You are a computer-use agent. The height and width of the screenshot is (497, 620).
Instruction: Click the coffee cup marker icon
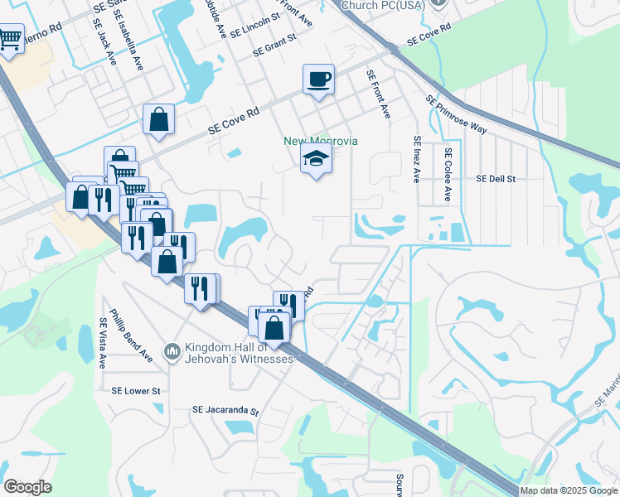[x=318, y=80]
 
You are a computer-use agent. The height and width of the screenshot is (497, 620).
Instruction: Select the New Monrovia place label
[x=321, y=141]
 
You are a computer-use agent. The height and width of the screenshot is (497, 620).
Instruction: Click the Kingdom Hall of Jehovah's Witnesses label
[x=239, y=353]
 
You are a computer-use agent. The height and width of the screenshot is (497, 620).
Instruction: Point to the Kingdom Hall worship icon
[x=172, y=352]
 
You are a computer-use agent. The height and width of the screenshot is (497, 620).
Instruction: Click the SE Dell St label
[x=496, y=178]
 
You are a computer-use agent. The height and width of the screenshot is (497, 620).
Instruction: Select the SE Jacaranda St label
[x=225, y=410]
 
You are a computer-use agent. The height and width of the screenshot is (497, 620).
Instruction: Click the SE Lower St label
[x=140, y=390]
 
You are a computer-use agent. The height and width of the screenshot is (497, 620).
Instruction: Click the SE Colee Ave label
[x=448, y=174]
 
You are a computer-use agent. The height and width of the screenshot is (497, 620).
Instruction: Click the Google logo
[x=27, y=487]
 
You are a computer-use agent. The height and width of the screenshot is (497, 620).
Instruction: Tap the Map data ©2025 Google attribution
[x=569, y=490]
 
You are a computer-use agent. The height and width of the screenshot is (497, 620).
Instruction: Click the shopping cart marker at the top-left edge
[x=10, y=39]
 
